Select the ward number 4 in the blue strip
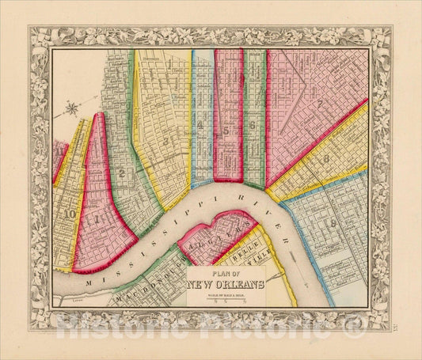coord(202,125)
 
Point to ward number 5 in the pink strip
coord(227,127)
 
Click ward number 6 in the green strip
coord(253,125)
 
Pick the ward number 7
coord(318,104)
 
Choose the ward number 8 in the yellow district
coord(327,159)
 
